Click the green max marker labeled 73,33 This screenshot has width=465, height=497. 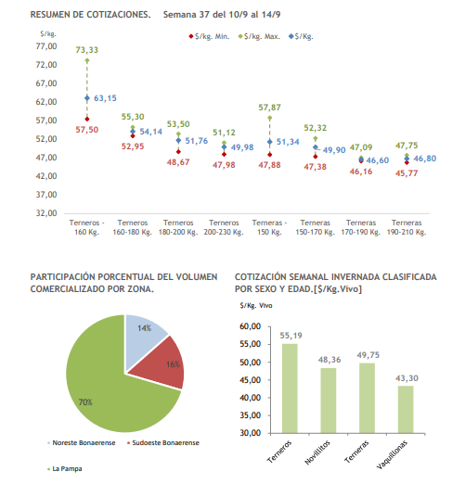(x=87, y=60)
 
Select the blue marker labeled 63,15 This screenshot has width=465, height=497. (x=87, y=98)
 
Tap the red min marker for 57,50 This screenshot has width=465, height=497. (x=87, y=119)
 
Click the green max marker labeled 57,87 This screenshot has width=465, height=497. (x=269, y=118)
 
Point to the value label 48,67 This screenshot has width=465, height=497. (x=178, y=162)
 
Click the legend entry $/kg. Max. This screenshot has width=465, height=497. (x=260, y=36)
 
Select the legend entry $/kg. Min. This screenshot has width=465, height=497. (x=210, y=36)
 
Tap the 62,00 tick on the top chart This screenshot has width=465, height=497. (x=46, y=102)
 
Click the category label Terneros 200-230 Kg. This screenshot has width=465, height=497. (x=224, y=227)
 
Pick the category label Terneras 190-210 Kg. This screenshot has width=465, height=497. (x=407, y=227)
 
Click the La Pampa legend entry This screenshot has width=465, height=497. (x=65, y=469)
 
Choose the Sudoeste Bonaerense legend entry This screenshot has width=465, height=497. (x=163, y=443)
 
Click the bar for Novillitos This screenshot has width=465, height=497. (x=329, y=401)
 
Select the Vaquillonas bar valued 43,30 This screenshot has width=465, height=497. (x=406, y=409)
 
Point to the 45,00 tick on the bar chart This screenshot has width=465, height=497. (x=250, y=380)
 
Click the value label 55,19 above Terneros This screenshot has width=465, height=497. (x=291, y=336)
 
